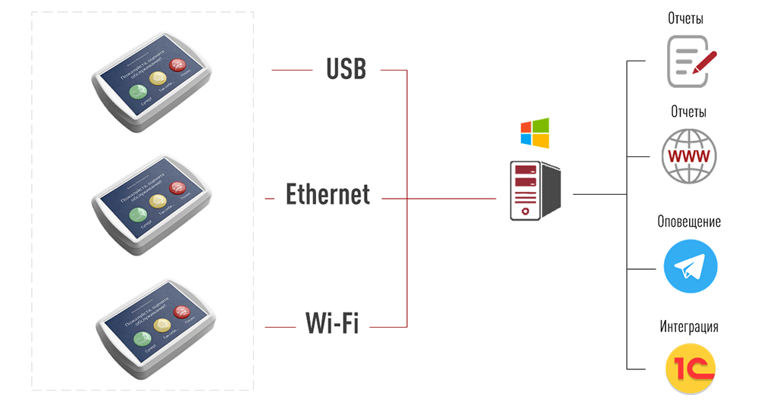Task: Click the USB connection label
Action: [346, 69]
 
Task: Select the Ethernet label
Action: [327, 194]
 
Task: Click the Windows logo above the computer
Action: [534, 133]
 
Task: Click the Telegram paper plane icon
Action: [690, 266]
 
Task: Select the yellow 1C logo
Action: [690, 369]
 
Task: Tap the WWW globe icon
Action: [688, 156]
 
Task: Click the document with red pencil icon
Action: [691, 61]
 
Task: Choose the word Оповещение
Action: [689, 221]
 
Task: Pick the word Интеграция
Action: [689, 327]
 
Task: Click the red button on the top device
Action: [179, 65]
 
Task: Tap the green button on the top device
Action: [139, 93]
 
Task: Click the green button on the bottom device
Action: [141, 338]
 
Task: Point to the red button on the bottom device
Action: [182, 312]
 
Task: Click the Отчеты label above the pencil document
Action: [685, 18]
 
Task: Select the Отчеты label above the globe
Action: [688, 111]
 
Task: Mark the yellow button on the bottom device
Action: [161, 325]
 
